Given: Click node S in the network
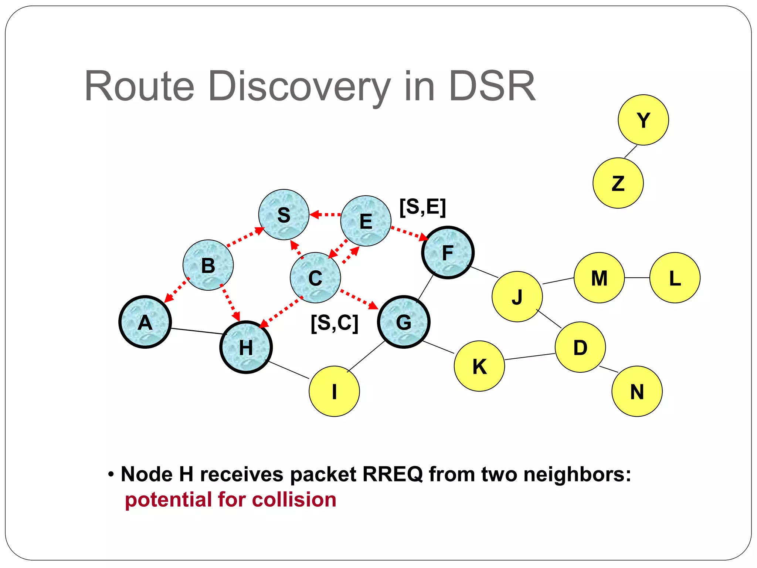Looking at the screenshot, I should click(x=284, y=215).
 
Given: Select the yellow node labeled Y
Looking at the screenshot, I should click(x=643, y=120).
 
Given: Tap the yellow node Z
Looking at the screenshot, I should click(x=618, y=183).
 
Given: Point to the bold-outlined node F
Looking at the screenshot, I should click(x=448, y=253).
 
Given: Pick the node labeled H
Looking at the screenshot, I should click(x=246, y=347).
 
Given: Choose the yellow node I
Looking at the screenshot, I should click(x=334, y=391).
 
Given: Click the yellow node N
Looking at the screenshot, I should click(x=637, y=391).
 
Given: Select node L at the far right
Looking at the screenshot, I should click(x=675, y=278).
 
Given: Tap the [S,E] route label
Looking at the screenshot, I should click(x=422, y=207).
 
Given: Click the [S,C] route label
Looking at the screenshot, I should click(x=335, y=323).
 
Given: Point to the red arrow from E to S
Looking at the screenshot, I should click(x=325, y=214).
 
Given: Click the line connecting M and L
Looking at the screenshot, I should click(x=637, y=278).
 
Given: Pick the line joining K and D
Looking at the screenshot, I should click(x=530, y=356).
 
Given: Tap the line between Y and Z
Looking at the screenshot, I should click(x=631, y=152).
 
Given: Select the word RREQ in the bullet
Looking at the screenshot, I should click(x=393, y=474).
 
